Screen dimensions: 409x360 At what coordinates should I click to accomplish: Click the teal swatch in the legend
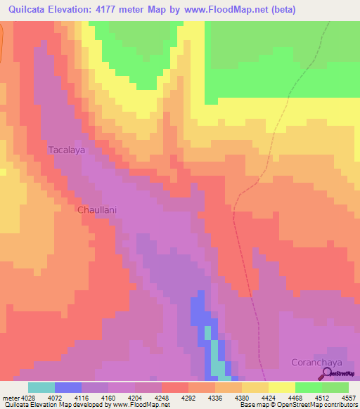point(41,387)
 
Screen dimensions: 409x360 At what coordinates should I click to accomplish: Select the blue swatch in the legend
point(68,387)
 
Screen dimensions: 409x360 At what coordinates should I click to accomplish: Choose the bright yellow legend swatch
point(282,387)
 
